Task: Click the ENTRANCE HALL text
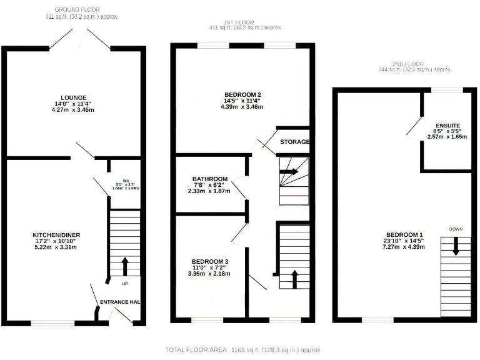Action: [120, 302]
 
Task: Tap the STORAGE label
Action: [295, 142]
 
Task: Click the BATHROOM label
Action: [209, 179]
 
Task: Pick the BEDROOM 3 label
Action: [209, 261]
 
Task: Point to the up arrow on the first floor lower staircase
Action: [294, 278]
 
